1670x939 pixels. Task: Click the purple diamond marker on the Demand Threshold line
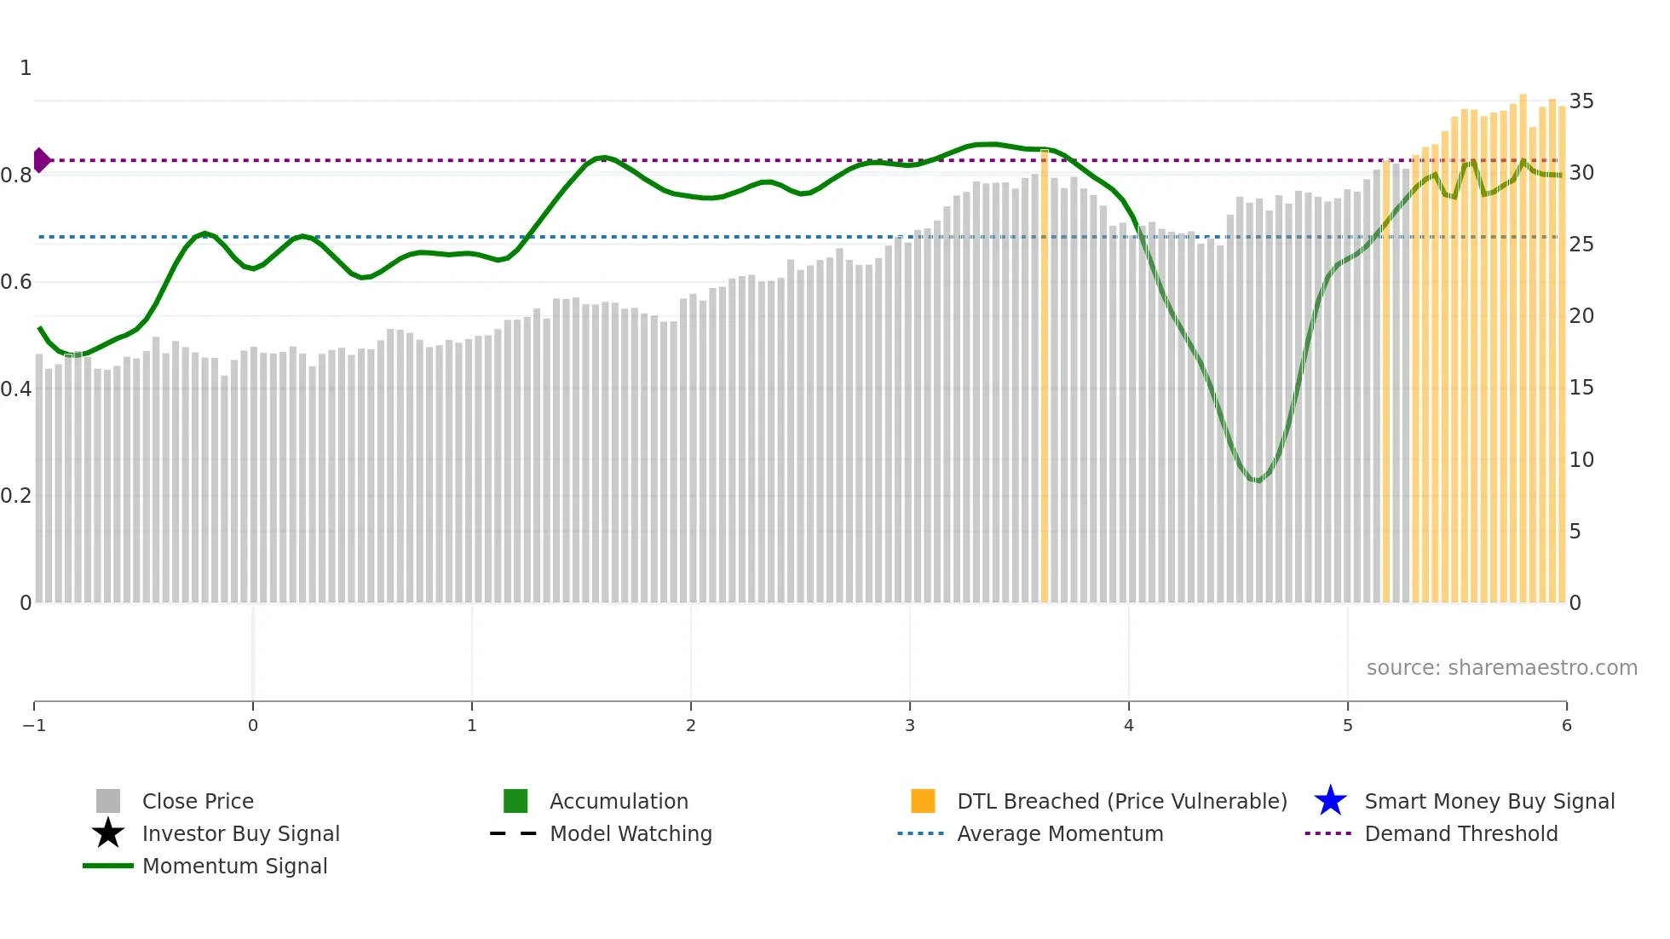41,160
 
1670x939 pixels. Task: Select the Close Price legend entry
197,801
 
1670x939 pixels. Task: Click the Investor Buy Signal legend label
240,833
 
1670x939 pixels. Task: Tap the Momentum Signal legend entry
234,866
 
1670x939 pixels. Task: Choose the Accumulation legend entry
618,801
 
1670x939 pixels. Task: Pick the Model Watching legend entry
630,833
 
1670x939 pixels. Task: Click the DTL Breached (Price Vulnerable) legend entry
1121,801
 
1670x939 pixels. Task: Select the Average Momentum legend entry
1059,833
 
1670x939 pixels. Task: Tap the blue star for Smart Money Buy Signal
1330,801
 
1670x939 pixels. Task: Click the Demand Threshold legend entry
1460,833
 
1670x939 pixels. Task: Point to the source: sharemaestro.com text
1501,668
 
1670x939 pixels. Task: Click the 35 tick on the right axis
1581,101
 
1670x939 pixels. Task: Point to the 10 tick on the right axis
1581,460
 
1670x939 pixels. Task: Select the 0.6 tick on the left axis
16,282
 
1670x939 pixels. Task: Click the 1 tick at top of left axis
26,68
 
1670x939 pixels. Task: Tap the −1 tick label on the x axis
34,726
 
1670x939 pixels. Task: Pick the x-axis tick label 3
910,726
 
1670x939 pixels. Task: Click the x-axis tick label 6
1566,726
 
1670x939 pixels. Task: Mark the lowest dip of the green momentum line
1258,481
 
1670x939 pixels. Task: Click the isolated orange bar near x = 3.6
1045,375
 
